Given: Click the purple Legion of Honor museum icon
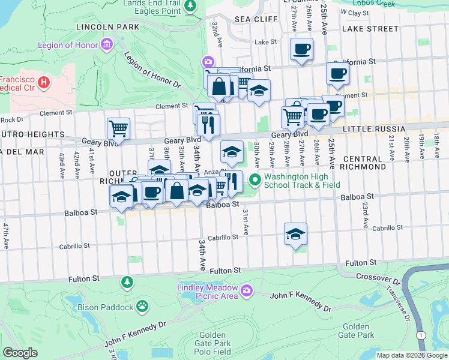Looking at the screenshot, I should (107, 44).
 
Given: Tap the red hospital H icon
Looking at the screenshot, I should (43, 82).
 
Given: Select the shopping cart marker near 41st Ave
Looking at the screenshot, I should (118, 128).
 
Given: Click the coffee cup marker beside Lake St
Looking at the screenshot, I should (301, 49).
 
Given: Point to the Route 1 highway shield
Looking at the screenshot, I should (423, 335).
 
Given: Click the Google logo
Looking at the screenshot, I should (20, 353).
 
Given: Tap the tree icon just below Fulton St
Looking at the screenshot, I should (127, 281).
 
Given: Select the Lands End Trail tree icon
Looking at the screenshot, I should (190, 6).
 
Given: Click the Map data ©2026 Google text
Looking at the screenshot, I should (412, 355).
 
